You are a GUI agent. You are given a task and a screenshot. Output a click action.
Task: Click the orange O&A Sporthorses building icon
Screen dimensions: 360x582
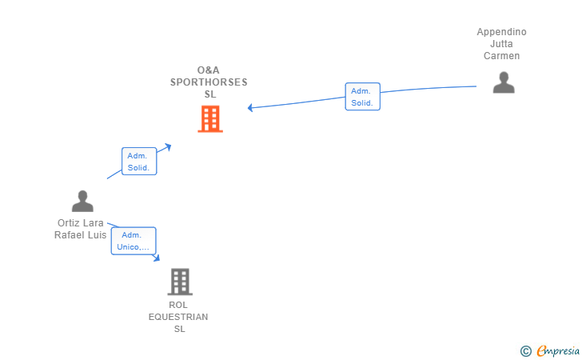pyautogui.click(x=209, y=118)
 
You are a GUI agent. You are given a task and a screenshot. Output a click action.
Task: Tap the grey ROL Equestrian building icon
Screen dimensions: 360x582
pyautogui.click(x=180, y=282)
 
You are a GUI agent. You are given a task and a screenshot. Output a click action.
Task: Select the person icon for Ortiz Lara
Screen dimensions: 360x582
pyautogui.click(x=82, y=202)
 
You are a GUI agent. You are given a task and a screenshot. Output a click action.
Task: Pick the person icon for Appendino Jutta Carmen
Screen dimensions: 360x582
pyautogui.click(x=503, y=82)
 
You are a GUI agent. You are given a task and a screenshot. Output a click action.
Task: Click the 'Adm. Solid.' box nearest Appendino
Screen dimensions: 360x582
pyautogui.click(x=362, y=97)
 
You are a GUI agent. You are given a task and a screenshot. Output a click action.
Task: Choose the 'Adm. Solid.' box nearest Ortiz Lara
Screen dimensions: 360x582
pyautogui.click(x=139, y=162)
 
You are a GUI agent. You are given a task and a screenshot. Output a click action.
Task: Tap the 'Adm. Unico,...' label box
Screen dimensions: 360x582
pyautogui.click(x=133, y=241)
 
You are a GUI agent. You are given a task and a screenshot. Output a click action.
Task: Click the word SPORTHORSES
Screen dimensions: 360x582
pyautogui.click(x=209, y=82)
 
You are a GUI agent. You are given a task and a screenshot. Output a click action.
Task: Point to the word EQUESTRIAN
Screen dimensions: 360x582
pyautogui.click(x=178, y=317)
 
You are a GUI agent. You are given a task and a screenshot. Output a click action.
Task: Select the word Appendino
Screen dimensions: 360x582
pyautogui.click(x=501, y=32)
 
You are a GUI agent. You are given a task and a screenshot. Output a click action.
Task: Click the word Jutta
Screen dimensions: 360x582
pyautogui.click(x=501, y=44)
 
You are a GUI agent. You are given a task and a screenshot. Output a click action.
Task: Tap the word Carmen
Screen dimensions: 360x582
pyautogui.click(x=501, y=56)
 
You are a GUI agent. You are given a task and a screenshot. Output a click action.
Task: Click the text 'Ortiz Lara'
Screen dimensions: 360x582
pyautogui.click(x=80, y=222)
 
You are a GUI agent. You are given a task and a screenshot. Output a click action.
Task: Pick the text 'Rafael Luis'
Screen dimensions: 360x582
pyautogui.click(x=80, y=234)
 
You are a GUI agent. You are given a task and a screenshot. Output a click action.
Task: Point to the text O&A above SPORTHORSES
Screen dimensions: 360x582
pyautogui.click(x=209, y=70)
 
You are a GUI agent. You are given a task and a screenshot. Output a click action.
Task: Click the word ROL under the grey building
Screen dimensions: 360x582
pyautogui.click(x=178, y=305)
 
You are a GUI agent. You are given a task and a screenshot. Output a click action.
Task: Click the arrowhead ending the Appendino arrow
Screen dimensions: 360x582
pyautogui.click(x=251, y=107)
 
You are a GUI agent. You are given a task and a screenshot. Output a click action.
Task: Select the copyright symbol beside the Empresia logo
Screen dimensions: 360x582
pyautogui.click(x=525, y=350)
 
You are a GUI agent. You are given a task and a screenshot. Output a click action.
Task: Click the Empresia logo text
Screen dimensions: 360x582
pyautogui.click(x=554, y=350)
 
